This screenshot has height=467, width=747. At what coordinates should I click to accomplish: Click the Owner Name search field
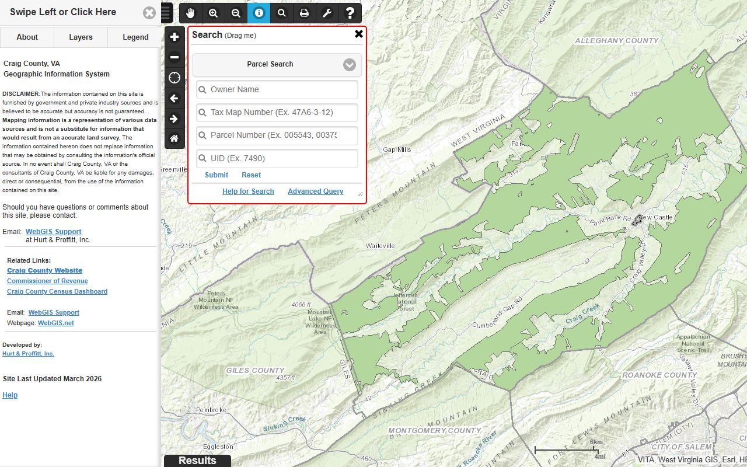point(277,90)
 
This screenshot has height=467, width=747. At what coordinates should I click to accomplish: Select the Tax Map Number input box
point(277,113)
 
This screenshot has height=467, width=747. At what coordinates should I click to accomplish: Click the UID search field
point(277,159)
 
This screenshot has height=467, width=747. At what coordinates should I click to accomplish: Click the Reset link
point(251,175)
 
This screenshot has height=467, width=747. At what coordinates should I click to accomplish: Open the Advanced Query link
point(315,191)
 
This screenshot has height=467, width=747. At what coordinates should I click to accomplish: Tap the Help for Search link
point(248,191)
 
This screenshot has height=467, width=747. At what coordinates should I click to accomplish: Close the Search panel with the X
point(359,34)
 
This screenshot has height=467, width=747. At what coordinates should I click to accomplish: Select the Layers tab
point(81,37)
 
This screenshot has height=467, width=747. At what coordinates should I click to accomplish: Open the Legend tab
point(135,37)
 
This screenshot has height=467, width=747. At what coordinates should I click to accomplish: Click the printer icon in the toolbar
point(304,13)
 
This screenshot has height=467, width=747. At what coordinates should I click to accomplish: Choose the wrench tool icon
point(327,13)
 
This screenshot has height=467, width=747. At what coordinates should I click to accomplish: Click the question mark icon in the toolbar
point(350,13)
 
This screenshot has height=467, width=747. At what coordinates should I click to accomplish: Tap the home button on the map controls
point(174,139)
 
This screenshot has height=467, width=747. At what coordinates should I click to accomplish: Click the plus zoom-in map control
point(174,37)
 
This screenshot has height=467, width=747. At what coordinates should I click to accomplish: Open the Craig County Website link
point(44,271)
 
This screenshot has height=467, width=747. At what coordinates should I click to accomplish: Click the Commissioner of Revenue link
point(47,281)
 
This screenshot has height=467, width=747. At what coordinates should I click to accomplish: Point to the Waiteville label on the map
point(381,246)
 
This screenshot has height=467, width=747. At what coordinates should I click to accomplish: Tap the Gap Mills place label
point(397,150)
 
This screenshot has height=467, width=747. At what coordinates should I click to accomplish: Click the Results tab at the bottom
point(197,461)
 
